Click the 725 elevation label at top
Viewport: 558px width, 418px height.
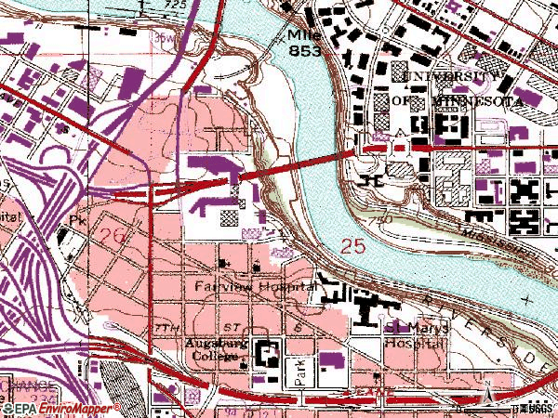pyautogui.click(x=174, y=6)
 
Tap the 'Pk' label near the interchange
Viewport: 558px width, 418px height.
pyautogui.click(x=77, y=222)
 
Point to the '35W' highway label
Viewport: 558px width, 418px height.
pyautogui.click(x=165, y=38)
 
